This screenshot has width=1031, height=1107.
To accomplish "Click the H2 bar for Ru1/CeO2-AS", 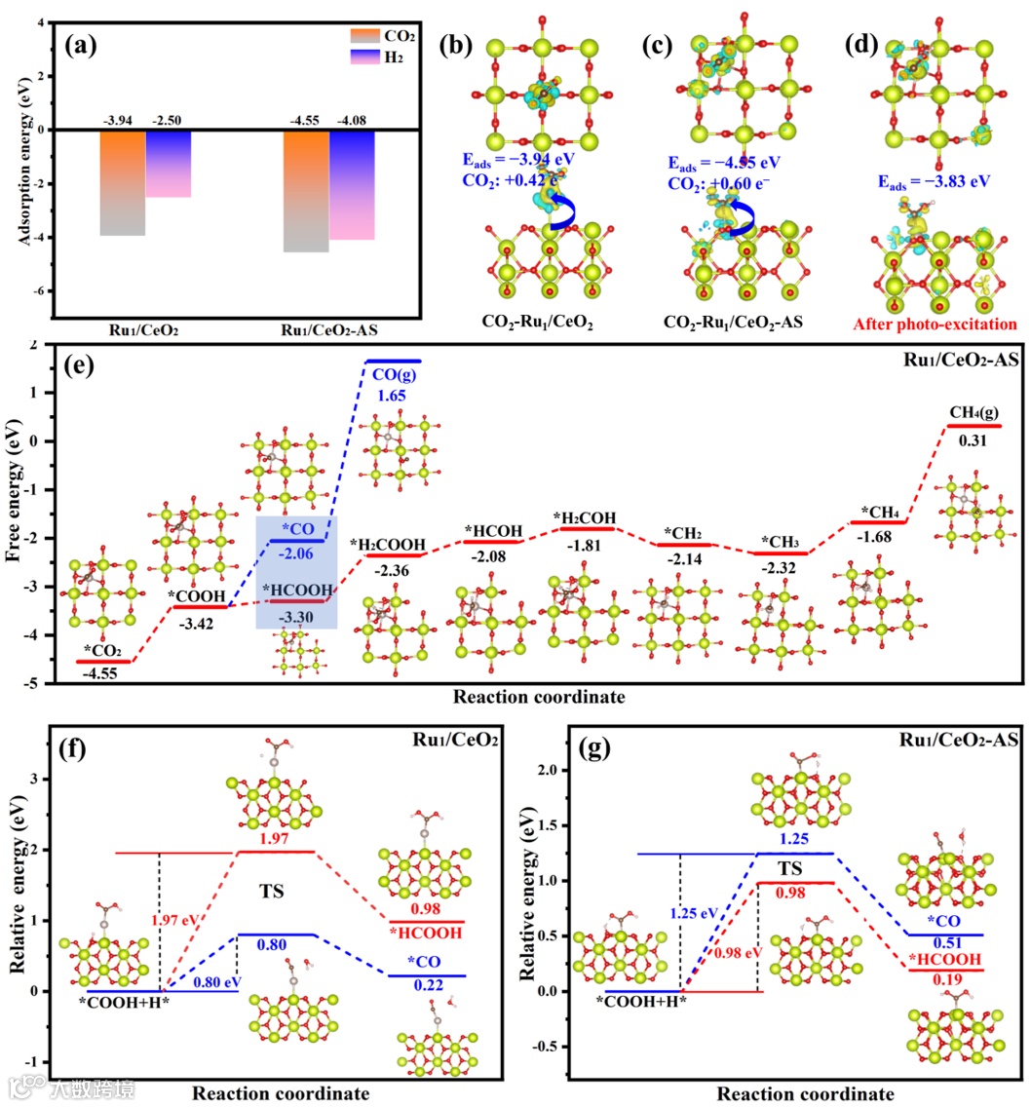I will pos(352,185).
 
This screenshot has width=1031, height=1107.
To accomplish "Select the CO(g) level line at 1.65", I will pos(393,362).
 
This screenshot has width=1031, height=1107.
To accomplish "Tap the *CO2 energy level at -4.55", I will pos(103,662).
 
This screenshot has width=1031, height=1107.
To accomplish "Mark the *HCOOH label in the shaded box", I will pos(298,589).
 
